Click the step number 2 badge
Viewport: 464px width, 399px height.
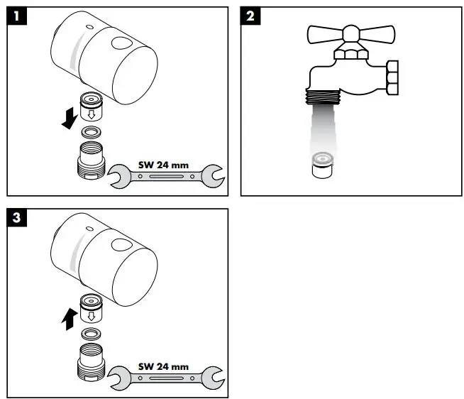250,16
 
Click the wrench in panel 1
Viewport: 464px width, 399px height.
166,174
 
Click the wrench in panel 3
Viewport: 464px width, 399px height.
166,376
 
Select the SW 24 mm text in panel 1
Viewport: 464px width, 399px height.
164,165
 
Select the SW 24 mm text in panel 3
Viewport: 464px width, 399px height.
164,366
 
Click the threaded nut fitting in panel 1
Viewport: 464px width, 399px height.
91,160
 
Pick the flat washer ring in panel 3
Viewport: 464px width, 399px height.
91,333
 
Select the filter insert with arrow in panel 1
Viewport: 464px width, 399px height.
92,106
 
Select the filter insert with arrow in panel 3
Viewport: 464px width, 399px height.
92,307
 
